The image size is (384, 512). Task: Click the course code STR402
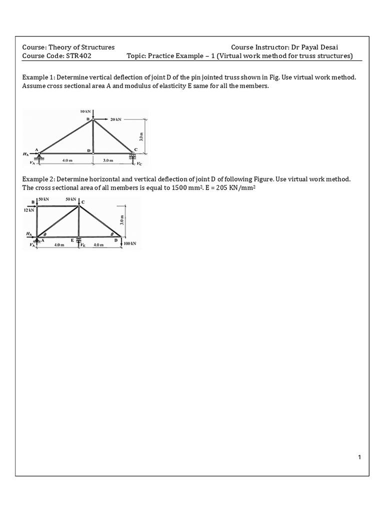[x=78, y=56]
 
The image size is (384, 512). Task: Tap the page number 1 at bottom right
[x=359, y=457]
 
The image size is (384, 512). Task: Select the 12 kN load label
[x=29, y=210]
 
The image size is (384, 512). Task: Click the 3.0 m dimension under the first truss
[x=107, y=160]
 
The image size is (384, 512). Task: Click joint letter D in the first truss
[x=88, y=150]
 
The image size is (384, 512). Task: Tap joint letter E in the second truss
[x=72, y=240]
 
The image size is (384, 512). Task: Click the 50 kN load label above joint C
[x=70, y=199]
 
